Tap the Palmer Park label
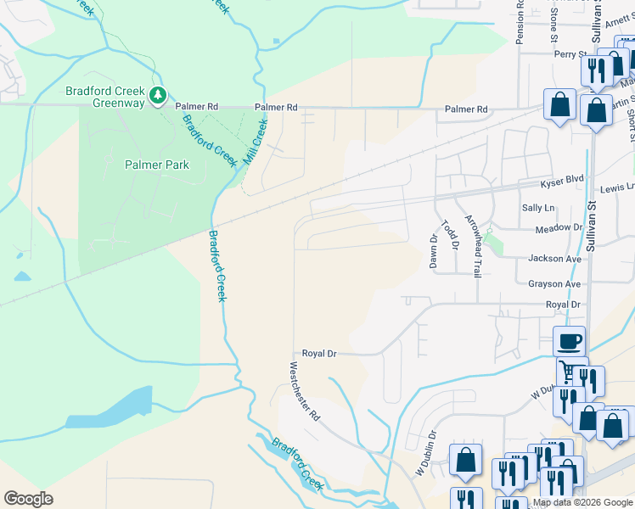[156, 165]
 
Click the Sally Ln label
[538, 208]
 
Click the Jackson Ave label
[554, 259]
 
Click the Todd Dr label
[449, 235]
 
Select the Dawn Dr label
[433, 252]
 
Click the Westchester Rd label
[304, 391]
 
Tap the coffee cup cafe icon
[569, 342]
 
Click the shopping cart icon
[568, 372]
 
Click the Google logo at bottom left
[28, 499]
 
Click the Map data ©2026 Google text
[583, 502]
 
